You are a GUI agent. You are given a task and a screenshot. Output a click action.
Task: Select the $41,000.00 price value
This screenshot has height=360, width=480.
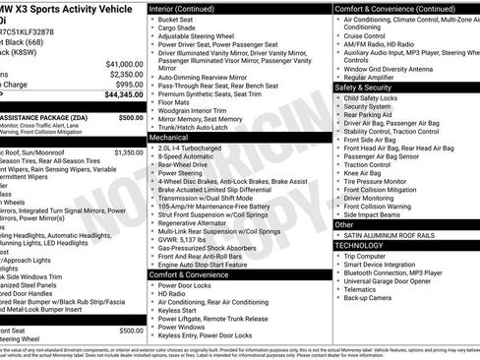click(124, 63)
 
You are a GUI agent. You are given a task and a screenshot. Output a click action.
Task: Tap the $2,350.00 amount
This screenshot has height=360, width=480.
click(126, 74)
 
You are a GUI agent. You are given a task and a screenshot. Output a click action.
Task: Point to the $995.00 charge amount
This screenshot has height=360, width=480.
click(130, 85)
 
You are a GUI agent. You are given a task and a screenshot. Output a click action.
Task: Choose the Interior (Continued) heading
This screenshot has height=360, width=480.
click(190, 8)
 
